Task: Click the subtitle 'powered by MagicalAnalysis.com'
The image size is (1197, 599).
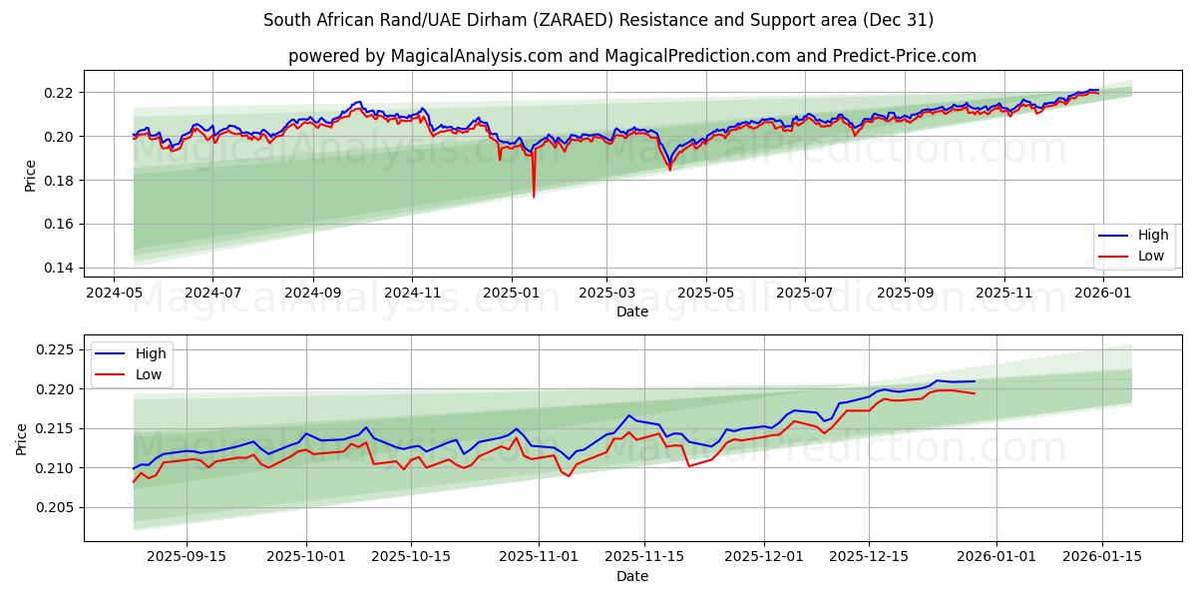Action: point(632,56)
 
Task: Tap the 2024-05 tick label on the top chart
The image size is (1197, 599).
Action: point(113,294)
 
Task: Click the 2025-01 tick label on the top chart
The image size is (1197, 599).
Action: point(511,294)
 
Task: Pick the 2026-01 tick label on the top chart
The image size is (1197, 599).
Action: point(1101,294)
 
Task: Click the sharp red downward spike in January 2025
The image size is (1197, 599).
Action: point(534,196)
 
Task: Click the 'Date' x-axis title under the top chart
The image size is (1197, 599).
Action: point(631,311)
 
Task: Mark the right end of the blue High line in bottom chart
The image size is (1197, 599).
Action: point(975,381)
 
